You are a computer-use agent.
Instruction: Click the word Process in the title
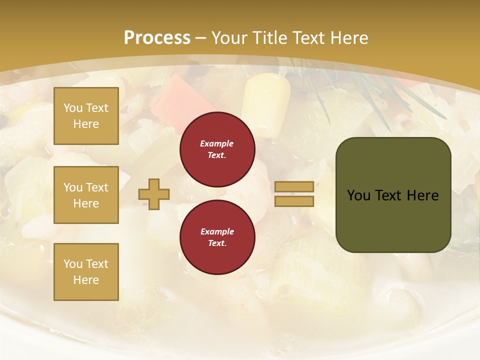[x=157, y=38]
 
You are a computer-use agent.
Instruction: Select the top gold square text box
[x=86, y=116]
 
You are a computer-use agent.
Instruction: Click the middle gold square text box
[x=86, y=195]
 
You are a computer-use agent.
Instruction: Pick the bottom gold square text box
[x=86, y=272]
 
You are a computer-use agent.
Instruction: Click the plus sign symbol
[x=154, y=194]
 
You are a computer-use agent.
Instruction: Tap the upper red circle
[x=217, y=149]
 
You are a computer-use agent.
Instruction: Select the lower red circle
[x=217, y=237]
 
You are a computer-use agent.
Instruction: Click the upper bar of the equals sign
[x=294, y=186]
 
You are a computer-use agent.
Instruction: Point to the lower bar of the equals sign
[x=294, y=201]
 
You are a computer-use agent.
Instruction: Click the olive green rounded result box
[x=393, y=195]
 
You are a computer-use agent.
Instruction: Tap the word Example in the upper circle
[x=217, y=143]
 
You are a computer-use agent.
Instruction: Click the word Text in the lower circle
[x=217, y=243]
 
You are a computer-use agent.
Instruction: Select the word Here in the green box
[x=422, y=195]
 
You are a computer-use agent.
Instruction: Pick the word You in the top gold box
[x=73, y=108]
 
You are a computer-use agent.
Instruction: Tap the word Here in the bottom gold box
[x=86, y=280]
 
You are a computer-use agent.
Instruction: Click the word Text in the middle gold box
[x=97, y=187]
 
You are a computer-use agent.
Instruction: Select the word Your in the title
[x=228, y=38]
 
